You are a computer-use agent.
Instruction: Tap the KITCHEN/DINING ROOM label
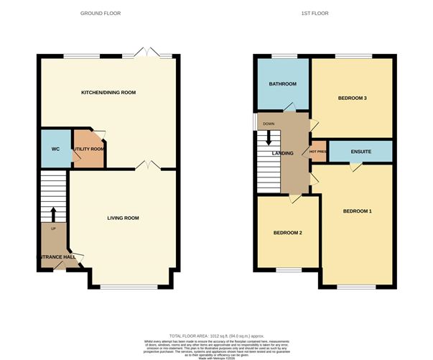coord(109,93)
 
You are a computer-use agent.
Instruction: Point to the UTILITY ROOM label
coord(88,149)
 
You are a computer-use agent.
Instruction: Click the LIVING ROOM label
coord(123,218)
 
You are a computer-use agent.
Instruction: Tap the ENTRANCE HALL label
coord(56,257)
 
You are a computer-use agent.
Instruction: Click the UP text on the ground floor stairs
coord(52,229)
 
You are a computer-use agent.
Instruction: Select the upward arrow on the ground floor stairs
coord(52,214)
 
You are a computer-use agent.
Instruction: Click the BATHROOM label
coord(283,84)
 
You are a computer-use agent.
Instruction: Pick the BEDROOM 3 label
coord(353,98)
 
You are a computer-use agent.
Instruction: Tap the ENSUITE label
coord(360,152)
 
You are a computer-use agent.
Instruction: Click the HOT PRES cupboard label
coord(318,152)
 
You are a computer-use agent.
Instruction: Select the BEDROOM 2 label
coord(287,234)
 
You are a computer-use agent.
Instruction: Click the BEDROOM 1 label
coord(357,211)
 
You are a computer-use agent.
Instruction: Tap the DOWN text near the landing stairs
coord(269,124)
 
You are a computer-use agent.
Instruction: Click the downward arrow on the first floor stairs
coord(269,139)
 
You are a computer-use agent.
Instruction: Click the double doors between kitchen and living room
coord(148,165)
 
